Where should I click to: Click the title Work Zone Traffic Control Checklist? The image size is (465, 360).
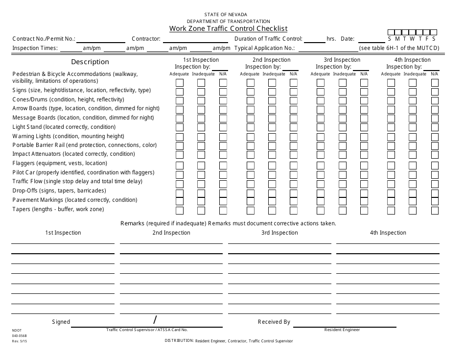point(228,28)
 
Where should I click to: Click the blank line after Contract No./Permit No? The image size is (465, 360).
point(101,39)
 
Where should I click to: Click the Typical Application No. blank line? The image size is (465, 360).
point(327,48)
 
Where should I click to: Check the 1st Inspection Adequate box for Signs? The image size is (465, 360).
point(180,91)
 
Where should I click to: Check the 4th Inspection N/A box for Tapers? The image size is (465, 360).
point(435,211)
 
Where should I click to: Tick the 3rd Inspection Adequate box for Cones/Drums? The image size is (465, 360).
point(321,100)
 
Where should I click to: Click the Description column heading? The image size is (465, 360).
point(90,62)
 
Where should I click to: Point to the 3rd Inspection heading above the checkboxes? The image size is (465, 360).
point(342,60)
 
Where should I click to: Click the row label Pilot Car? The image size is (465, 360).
point(83,172)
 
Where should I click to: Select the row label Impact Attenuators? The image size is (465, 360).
point(73,154)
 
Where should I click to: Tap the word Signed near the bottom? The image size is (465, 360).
point(61,322)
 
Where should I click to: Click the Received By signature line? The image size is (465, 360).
point(342,323)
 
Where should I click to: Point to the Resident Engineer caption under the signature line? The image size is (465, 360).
point(342,330)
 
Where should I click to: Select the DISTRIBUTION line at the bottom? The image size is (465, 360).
point(229,340)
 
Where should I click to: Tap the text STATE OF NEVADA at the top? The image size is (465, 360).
point(228,15)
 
